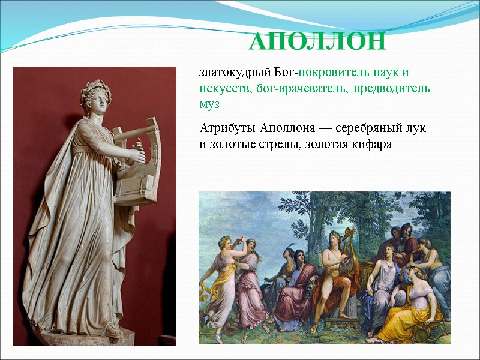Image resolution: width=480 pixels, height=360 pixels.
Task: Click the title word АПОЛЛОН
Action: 317,42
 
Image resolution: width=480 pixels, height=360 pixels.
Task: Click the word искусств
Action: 224,89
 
